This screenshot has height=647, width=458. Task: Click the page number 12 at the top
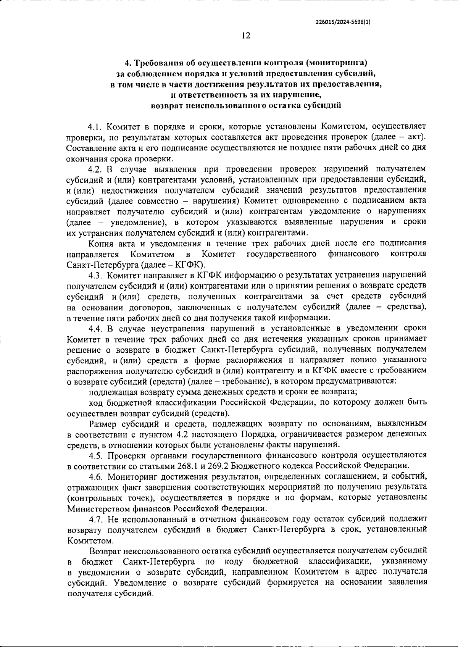point(246,36)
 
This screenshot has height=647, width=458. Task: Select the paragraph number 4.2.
point(95,169)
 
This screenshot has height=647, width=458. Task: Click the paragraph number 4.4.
point(95,328)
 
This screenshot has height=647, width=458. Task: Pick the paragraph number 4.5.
point(95,455)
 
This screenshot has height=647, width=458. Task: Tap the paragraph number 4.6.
point(95,477)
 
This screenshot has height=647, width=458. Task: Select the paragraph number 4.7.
point(95,519)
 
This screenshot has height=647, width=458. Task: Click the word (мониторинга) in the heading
point(336,62)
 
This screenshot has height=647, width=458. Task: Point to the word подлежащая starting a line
point(111,392)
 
